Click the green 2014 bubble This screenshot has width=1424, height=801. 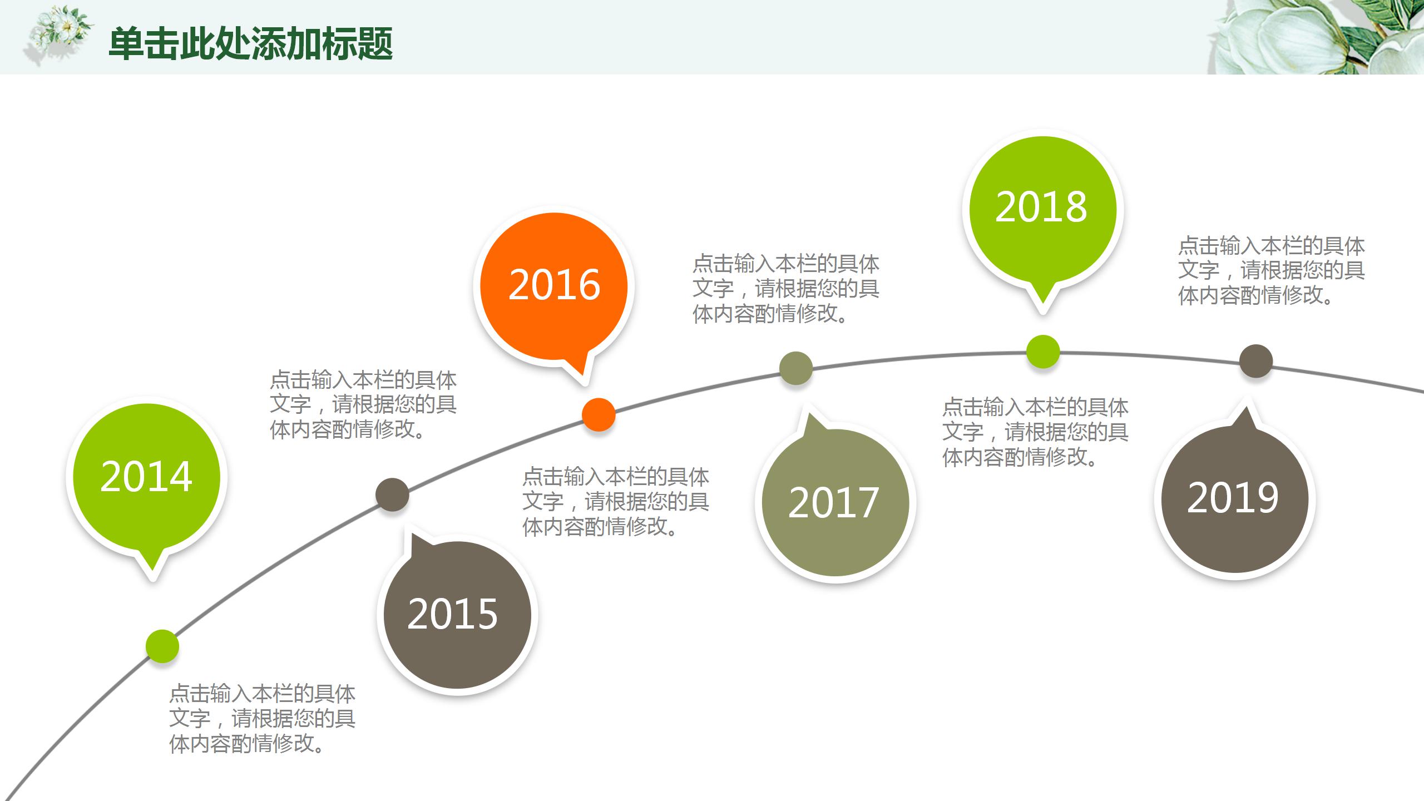(146, 477)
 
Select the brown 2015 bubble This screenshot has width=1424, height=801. (457, 615)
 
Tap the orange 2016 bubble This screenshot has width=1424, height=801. (554, 285)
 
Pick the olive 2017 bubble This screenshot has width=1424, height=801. (835, 502)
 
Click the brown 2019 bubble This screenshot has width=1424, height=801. (1234, 498)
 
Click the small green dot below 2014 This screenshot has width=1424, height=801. (162, 646)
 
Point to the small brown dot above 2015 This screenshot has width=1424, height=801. (392, 494)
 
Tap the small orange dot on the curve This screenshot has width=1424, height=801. (599, 414)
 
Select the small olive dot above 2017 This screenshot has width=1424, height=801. (796, 368)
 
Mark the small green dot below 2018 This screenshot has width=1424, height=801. (1042, 352)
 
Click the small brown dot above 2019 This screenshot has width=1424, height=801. (1256, 361)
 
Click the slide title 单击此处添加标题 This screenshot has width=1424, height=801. (251, 43)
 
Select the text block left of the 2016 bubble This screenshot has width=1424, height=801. (363, 405)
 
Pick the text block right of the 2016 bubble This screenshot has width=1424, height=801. (785, 289)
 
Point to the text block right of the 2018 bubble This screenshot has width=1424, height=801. (1272, 271)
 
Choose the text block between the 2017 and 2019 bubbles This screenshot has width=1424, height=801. (1035, 432)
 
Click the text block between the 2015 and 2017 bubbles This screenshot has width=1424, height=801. (616, 502)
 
